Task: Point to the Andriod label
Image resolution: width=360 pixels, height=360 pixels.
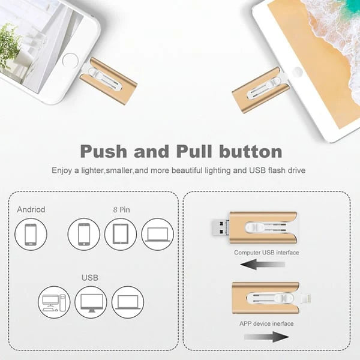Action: (x=31, y=210)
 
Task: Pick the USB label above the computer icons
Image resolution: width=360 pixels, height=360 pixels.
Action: (x=90, y=278)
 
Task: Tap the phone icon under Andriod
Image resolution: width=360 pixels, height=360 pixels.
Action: (x=31, y=235)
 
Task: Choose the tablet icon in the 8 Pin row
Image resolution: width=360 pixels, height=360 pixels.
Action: (x=121, y=235)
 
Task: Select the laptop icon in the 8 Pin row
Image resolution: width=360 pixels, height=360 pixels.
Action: (x=157, y=235)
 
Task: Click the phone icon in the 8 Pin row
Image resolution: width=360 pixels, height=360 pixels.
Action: (x=84, y=235)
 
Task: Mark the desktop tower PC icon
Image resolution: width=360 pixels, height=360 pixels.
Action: (x=54, y=302)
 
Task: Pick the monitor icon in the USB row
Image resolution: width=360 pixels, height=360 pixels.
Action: (x=91, y=302)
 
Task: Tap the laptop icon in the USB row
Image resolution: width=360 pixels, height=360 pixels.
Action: (x=127, y=302)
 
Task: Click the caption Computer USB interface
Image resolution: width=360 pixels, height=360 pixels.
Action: (x=266, y=253)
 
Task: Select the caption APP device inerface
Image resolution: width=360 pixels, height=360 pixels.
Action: (x=266, y=324)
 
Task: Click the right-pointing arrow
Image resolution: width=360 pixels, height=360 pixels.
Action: (x=268, y=337)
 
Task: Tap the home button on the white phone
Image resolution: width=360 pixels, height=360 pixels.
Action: (x=71, y=61)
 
